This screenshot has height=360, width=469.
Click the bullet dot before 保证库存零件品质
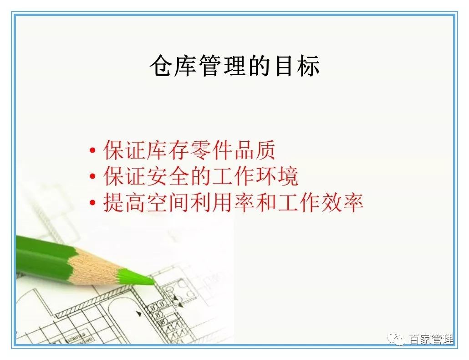(93, 151)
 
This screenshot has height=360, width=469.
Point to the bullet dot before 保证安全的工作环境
(93, 177)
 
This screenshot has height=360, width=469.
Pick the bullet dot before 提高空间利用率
(93, 203)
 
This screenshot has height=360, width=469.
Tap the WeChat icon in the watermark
(398, 339)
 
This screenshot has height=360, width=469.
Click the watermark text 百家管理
(430, 339)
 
